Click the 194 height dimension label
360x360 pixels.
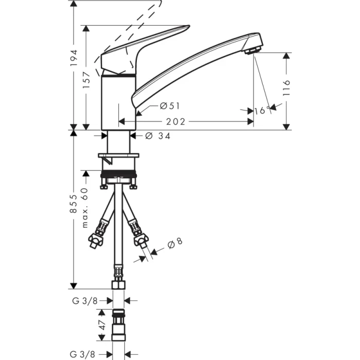(74, 59)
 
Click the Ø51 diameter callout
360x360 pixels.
(169, 106)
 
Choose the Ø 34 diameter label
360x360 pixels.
(158, 136)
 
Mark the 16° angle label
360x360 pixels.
(262, 110)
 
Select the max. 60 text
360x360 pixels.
(85, 208)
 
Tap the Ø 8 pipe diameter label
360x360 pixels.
(175, 242)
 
